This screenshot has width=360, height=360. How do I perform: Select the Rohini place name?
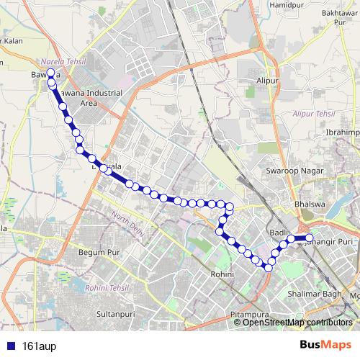tap(219, 274)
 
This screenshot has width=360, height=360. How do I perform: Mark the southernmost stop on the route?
tap(268, 267)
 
